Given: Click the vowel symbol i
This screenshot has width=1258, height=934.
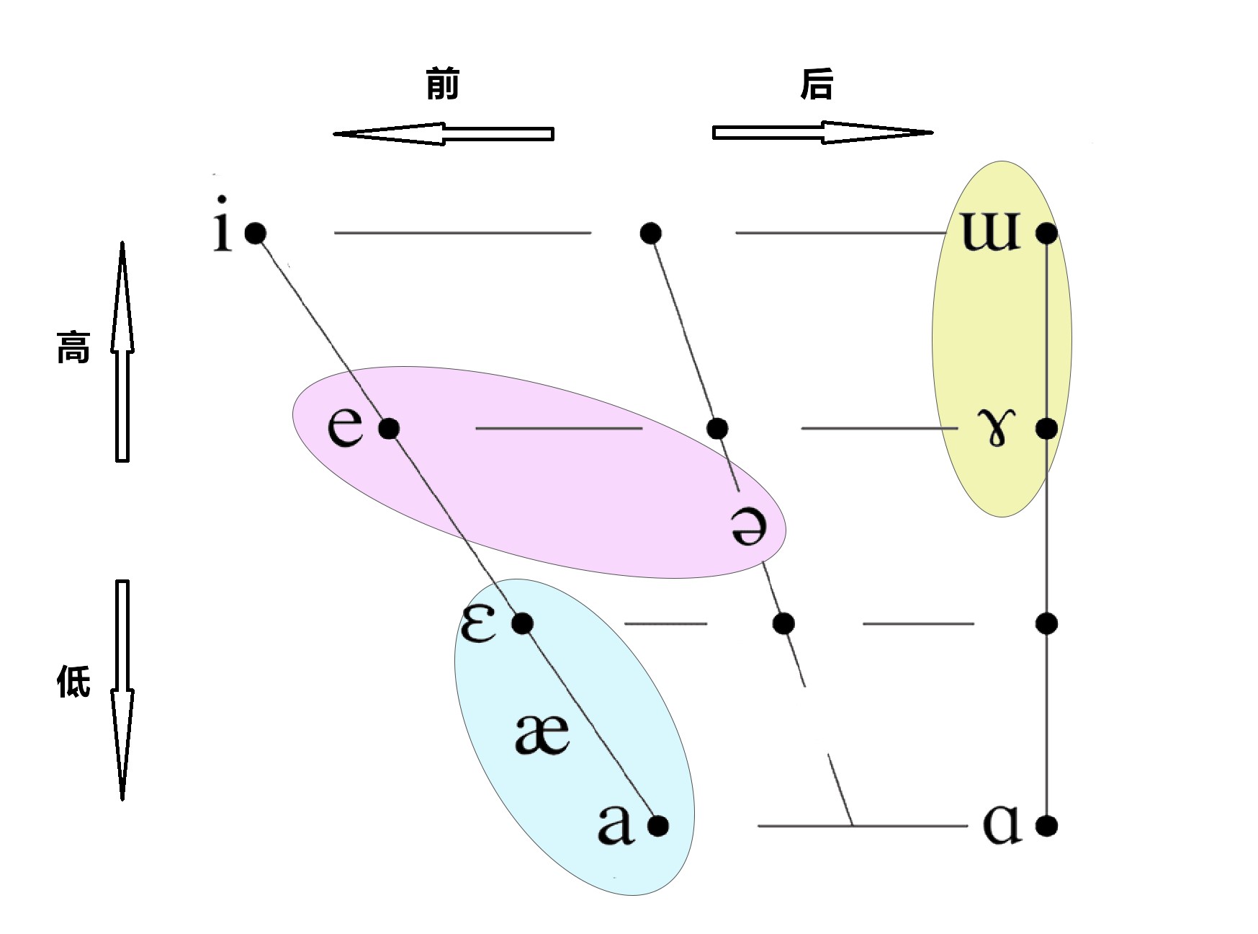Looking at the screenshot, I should [x=223, y=225].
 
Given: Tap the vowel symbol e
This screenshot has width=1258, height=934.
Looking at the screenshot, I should [x=345, y=427].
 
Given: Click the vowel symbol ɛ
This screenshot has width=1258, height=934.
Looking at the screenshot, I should [x=479, y=623].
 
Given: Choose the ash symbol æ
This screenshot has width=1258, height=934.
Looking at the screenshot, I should [x=542, y=734].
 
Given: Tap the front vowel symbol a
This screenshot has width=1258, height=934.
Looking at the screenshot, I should [x=616, y=824].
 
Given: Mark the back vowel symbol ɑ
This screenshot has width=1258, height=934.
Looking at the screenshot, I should [x=1002, y=824].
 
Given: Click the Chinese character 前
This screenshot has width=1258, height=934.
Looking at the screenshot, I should [x=442, y=84].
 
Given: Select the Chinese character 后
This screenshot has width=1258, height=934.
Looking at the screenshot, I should [x=817, y=84].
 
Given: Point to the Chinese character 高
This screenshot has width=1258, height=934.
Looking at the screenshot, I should [x=73, y=347].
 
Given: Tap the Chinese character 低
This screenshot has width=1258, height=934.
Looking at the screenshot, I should [x=73, y=681].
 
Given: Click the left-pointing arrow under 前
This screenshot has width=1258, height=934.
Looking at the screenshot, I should [x=443, y=133].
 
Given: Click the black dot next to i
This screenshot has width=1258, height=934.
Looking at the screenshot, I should [x=256, y=233].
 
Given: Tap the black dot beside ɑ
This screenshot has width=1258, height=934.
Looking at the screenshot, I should [x=1046, y=825].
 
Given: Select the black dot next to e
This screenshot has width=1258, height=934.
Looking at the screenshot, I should [x=389, y=429].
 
